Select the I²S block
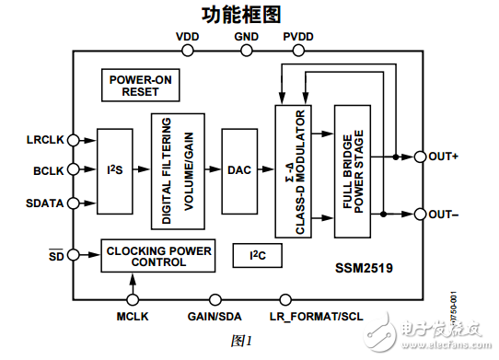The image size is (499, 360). [115, 170]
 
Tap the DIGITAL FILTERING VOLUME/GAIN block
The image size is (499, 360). [178, 170]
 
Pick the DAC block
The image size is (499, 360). [239, 170]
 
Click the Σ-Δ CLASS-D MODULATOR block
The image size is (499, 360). [293, 170]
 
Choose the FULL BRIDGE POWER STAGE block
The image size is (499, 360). [353, 170]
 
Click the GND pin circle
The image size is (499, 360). [247, 52]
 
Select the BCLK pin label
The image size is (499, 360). [48, 170]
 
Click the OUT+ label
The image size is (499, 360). [444, 157]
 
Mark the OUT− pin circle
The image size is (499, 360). [420, 215]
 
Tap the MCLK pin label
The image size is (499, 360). [132, 318]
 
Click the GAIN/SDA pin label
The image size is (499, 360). [215, 318]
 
